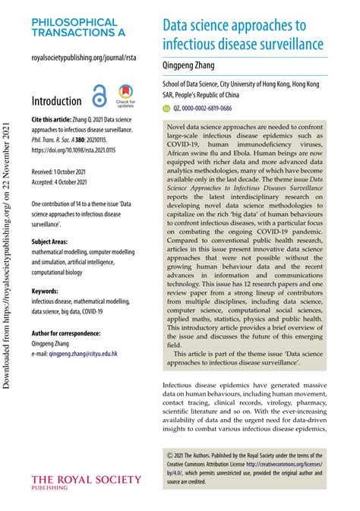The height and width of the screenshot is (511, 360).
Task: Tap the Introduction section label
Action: [56, 101]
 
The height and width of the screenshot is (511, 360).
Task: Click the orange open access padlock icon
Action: [99, 96]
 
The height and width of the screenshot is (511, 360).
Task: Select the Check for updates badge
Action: [125, 96]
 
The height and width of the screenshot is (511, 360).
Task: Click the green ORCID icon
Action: [168, 109]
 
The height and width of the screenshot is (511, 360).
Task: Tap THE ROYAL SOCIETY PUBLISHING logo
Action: [85, 482]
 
